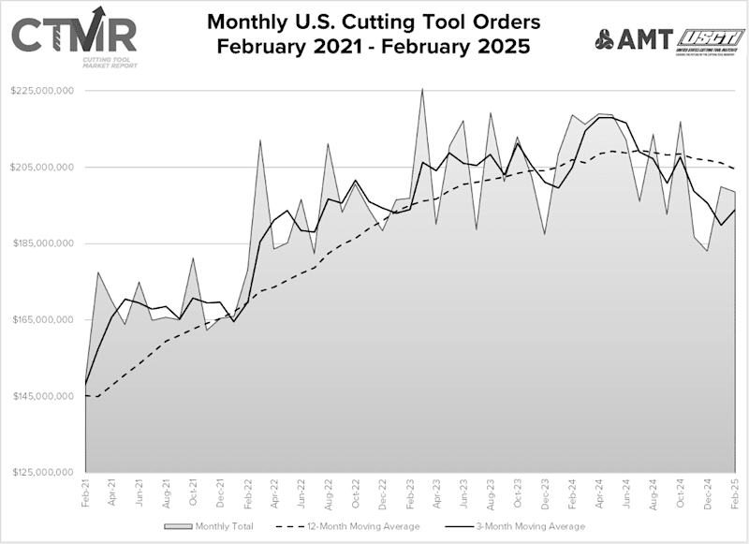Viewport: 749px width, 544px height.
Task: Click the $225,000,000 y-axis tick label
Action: [x=42, y=91]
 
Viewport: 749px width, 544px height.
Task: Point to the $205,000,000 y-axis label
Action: [x=42, y=168]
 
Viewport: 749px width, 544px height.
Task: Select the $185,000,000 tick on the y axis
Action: [x=42, y=243]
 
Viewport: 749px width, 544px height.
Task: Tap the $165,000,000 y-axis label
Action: [x=42, y=320]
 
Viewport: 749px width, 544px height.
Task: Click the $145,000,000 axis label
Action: [x=42, y=396]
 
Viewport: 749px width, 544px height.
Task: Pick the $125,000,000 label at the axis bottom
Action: [x=42, y=473]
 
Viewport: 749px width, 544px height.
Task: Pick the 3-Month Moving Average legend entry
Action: [x=527, y=526]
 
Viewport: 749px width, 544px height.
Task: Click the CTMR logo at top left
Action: [x=74, y=37]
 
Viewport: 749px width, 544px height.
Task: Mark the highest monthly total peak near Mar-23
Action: [x=423, y=90]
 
